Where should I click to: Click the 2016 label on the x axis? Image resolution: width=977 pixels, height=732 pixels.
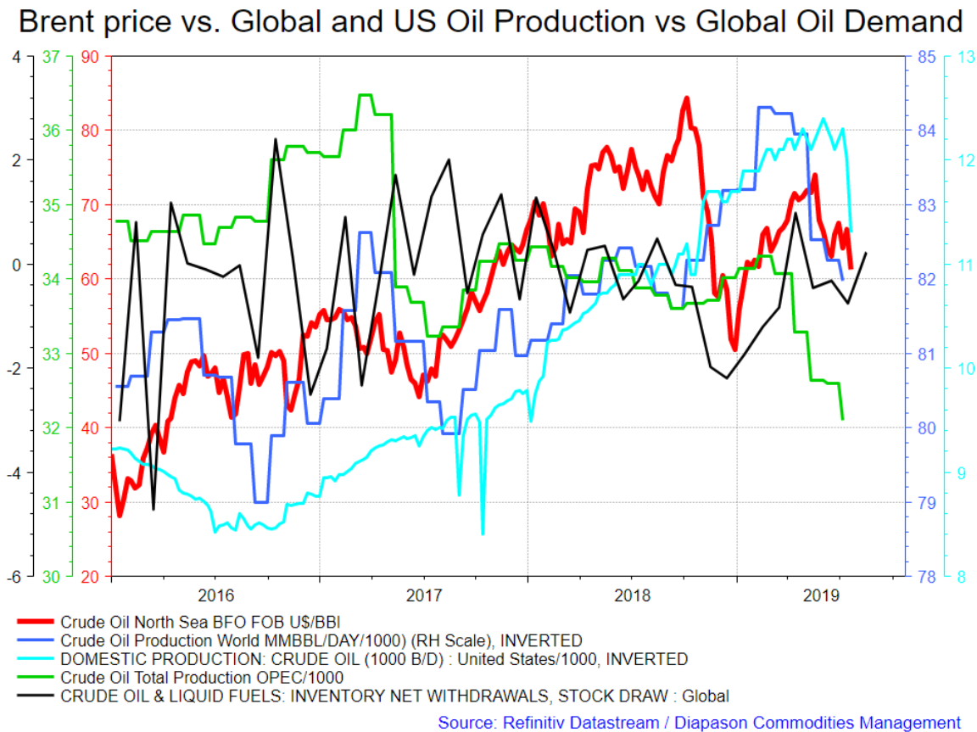coord(215,595)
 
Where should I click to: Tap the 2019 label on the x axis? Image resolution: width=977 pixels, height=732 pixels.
coord(821,595)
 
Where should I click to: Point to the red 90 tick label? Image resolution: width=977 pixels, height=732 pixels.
coord(90,58)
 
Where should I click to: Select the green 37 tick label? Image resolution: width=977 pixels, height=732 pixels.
coord(51,58)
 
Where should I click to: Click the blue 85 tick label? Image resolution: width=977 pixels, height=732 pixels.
coord(926,58)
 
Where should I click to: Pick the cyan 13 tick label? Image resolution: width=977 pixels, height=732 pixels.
coord(967,58)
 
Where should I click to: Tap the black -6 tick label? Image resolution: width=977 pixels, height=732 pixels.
coord(13,577)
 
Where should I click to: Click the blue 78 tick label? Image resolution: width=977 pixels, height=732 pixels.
coord(926,577)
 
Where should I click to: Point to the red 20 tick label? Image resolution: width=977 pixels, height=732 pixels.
coord(90,577)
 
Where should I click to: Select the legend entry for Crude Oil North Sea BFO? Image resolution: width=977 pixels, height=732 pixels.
coord(200,622)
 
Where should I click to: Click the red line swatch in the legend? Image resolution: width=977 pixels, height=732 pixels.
coord(36,622)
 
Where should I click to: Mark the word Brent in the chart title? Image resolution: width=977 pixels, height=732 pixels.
coord(59,22)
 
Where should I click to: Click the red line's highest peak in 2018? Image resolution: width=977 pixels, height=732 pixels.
coord(687,98)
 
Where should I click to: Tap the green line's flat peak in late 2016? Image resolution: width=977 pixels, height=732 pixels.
coord(366,95)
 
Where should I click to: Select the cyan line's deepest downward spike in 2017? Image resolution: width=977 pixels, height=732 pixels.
coord(483,534)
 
